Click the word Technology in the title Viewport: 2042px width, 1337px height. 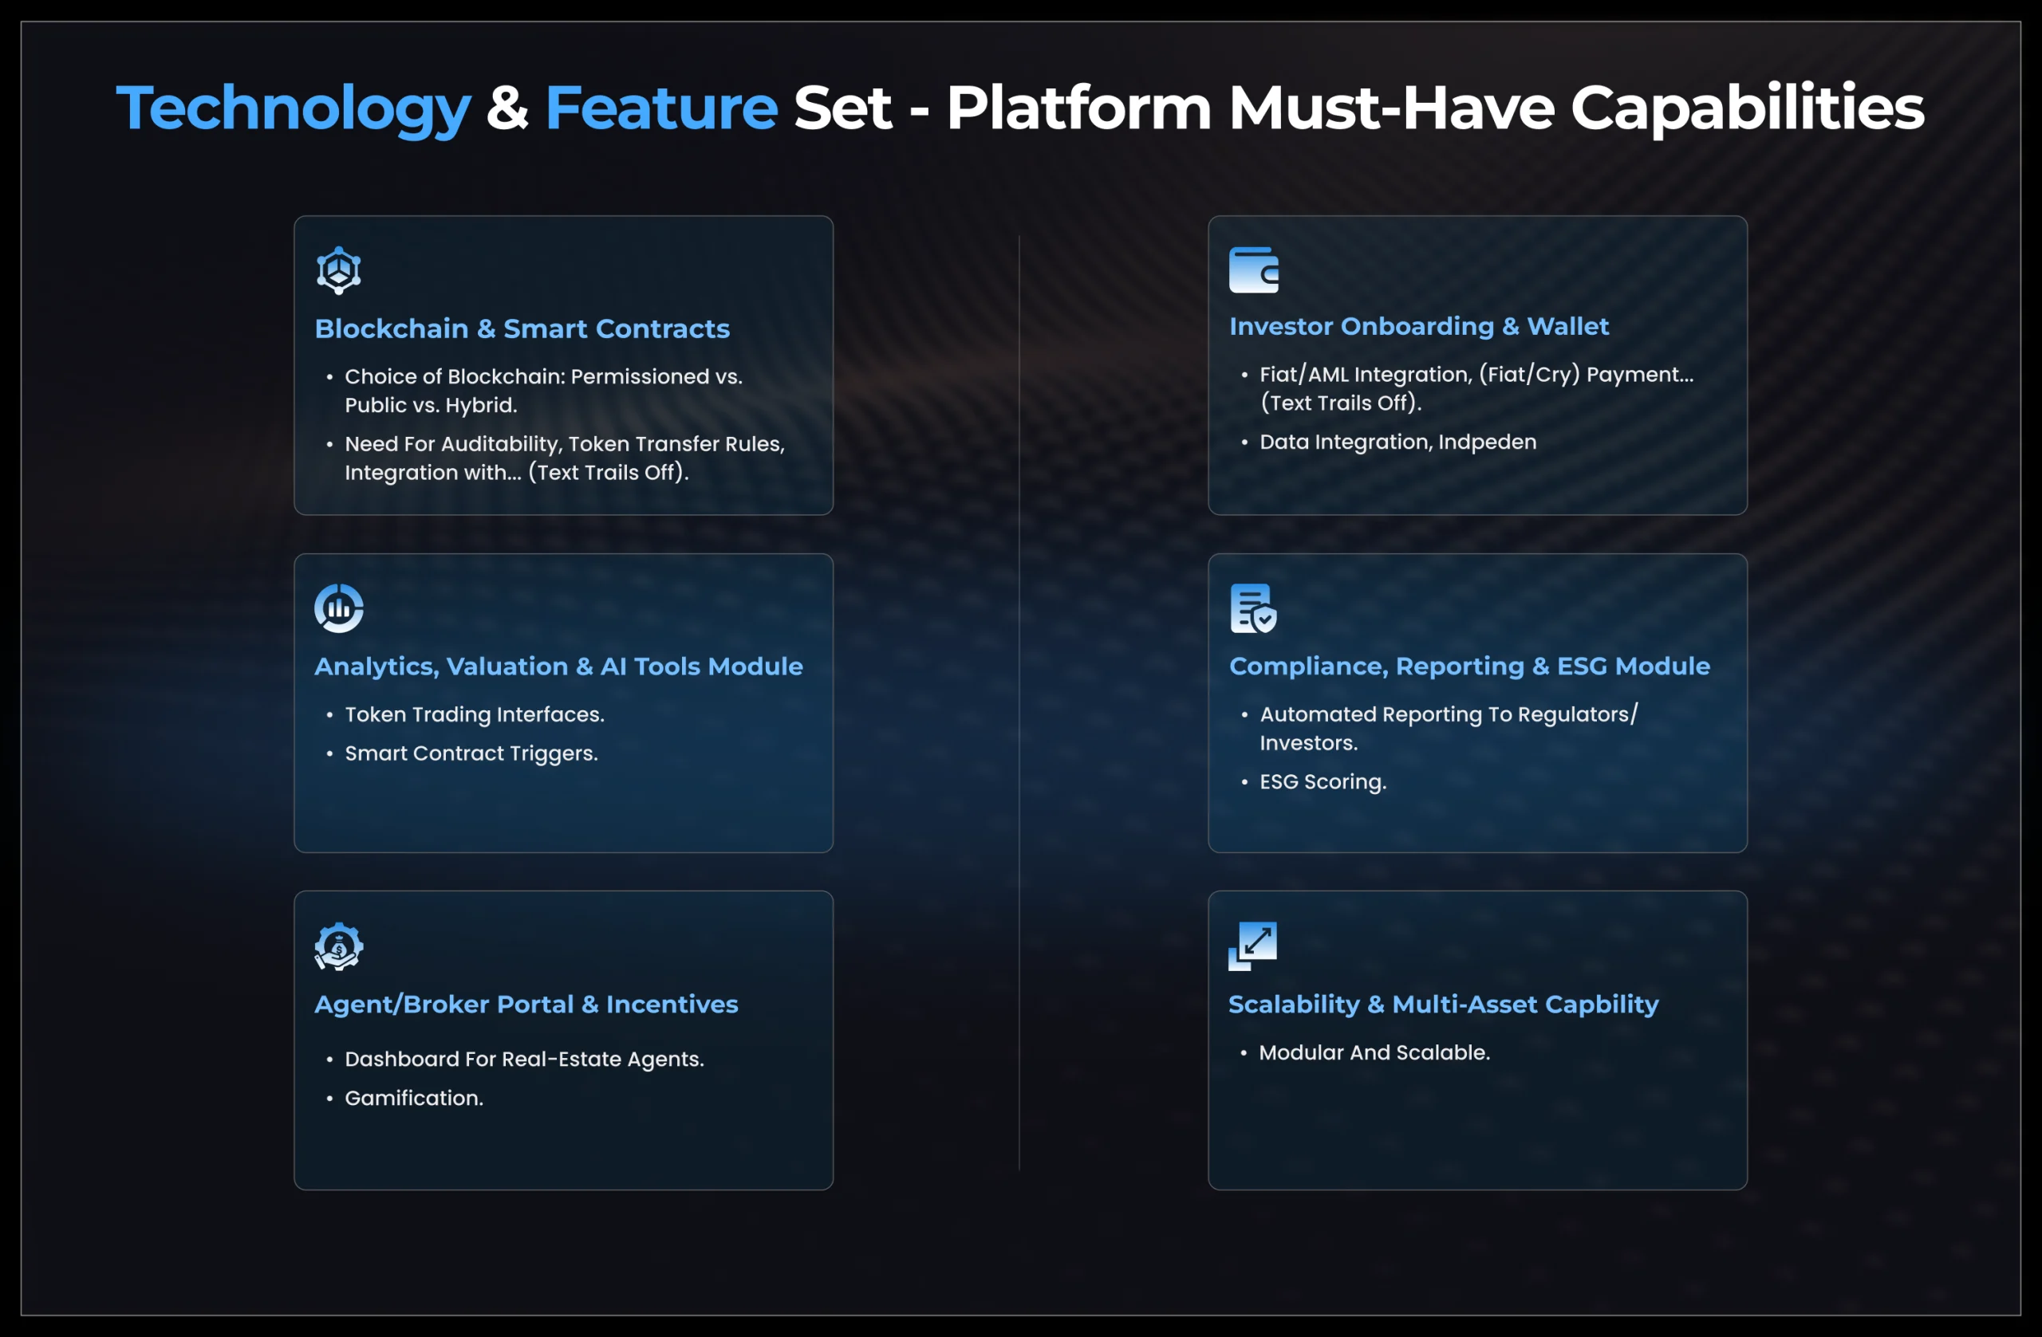point(294,108)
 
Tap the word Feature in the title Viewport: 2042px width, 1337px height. point(660,108)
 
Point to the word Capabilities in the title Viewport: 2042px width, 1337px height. point(1747,108)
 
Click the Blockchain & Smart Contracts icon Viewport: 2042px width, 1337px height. point(339,271)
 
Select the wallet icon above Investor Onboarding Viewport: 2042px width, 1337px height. point(1253,270)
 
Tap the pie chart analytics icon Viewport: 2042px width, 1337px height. point(339,608)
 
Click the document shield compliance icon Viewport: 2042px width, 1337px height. point(1252,608)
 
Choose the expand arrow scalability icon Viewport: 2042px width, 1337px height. point(1252,946)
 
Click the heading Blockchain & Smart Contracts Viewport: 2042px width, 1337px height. point(522,328)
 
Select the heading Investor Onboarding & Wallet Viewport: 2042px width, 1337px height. point(1418,326)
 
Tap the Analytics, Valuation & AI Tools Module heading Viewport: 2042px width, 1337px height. point(558,667)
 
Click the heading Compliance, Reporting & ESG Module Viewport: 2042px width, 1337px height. point(1468,667)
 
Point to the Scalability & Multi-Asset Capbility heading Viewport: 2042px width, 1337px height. point(1443,1005)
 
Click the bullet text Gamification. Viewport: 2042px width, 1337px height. point(413,1098)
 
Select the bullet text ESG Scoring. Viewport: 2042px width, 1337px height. point(1323,782)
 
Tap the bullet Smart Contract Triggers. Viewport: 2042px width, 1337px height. point(471,753)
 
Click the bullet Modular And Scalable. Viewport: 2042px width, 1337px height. point(1374,1052)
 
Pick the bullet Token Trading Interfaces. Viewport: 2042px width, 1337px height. point(475,714)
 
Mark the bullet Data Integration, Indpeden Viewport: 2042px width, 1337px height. point(1397,442)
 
